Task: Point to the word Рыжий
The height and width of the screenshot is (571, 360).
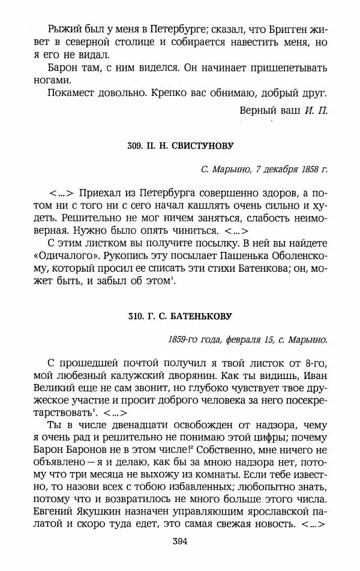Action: coord(63,28)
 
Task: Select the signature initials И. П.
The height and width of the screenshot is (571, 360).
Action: coord(316,110)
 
